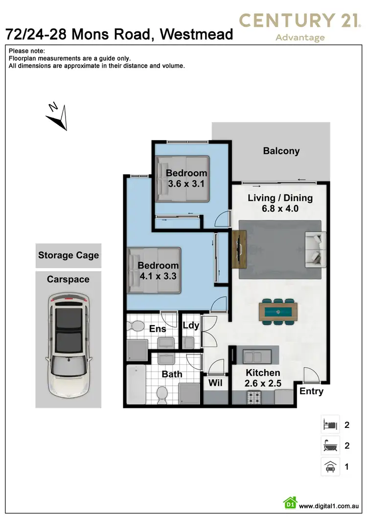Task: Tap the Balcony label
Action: coord(281,151)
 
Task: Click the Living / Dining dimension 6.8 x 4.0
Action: coord(280,208)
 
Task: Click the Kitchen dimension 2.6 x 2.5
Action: coord(263,383)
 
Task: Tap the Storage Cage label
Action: coord(69,255)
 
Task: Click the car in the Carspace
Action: coord(69,345)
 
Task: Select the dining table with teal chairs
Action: coord(278,311)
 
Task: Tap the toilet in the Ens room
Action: coord(136,325)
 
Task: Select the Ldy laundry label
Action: coord(190,326)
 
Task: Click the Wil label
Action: coord(215,383)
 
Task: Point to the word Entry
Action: coord(311,391)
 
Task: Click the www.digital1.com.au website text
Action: coord(330,506)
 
